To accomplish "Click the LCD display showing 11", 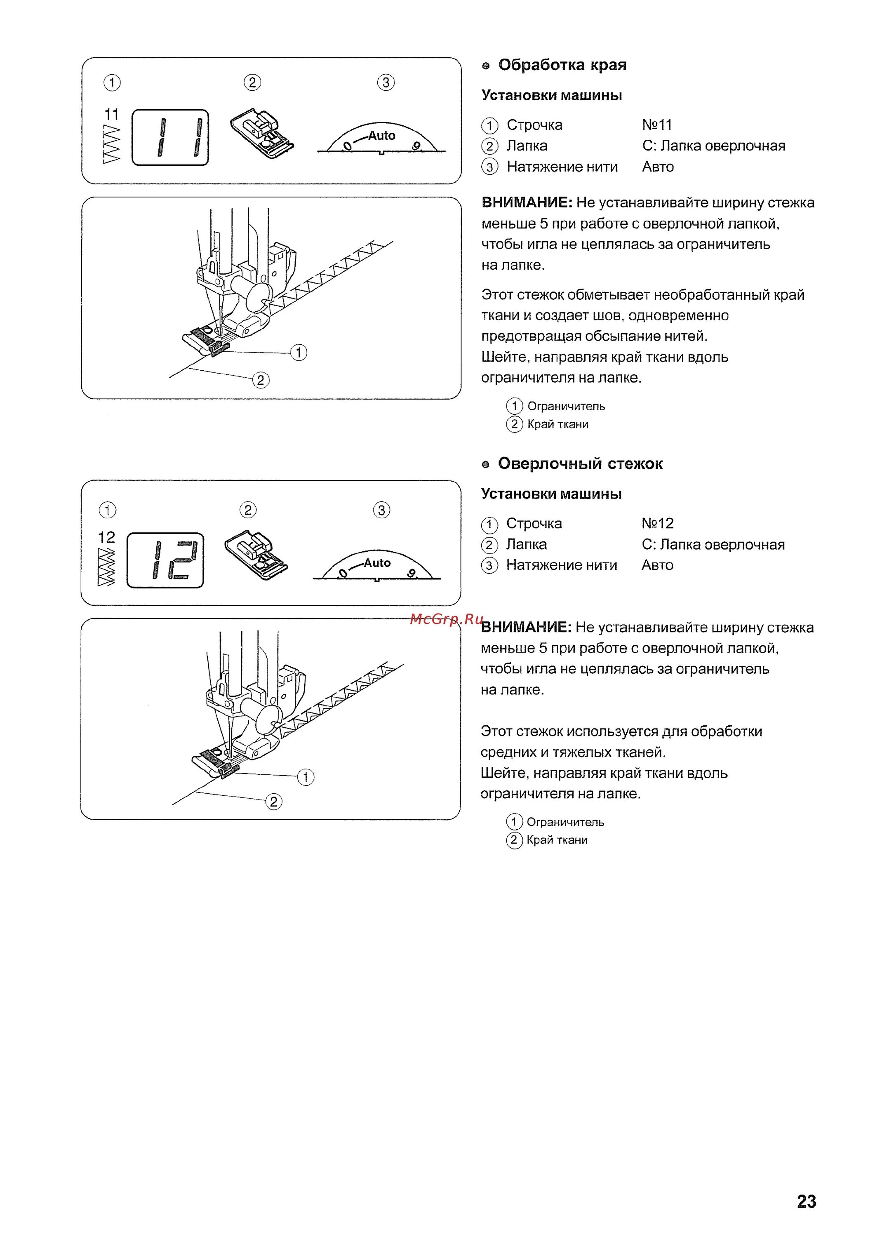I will pyautogui.click(x=170, y=137).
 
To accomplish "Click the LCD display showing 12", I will pyautogui.click(x=165, y=560).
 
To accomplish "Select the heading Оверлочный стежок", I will pyautogui.click(x=580, y=463).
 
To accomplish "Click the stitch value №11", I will pyautogui.click(x=657, y=125).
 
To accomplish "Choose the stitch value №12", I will pyautogui.click(x=657, y=524).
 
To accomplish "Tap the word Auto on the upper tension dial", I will pyautogui.click(x=381, y=135).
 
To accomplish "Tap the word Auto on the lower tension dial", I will pyautogui.click(x=377, y=563).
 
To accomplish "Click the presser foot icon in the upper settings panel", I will pyautogui.click(x=262, y=133).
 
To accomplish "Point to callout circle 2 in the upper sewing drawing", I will pyautogui.click(x=260, y=380).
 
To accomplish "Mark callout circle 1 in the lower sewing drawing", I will pyautogui.click(x=306, y=777).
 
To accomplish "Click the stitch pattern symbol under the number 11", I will pyautogui.click(x=111, y=143).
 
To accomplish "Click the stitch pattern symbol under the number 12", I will pyautogui.click(x=106, y=567).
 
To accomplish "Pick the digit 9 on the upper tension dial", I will pyautogui.click(x=417, y=146).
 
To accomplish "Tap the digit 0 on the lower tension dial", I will pyautogui.click(x=343, y=573).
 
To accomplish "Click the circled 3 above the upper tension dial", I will pyautogui.click(x=386, y=83).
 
